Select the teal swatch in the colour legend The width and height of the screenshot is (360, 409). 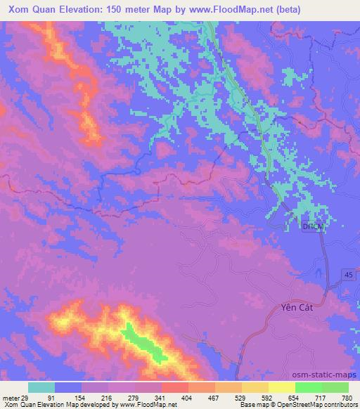click(x=41, y=387)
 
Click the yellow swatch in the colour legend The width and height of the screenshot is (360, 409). click(x=281, y=387)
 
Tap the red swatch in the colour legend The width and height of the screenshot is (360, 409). click(x=174, y=387)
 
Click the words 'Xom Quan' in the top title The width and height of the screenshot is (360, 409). click(x=32, y=9)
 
